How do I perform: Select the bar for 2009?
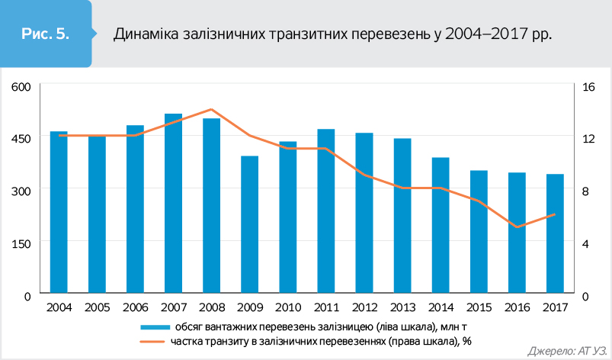250,224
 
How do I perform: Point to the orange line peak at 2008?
212,109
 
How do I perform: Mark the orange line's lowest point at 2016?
517,227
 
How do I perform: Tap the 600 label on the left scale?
21,86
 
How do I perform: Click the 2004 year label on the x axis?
59,307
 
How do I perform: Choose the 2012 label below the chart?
364,307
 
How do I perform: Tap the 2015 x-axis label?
479,307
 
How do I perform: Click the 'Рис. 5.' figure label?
46,34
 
